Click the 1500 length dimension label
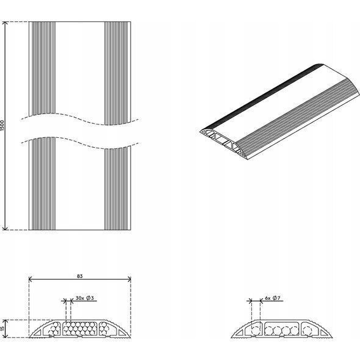(x=2, y=125)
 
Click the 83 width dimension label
(x=80, y=276)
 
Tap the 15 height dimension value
(x=2, y=329)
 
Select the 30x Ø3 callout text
(x=85, y=298)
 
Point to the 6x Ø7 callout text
(x=273, y=298)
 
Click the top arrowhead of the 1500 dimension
(x=5, y=23)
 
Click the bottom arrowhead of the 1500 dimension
(x=5, y=228)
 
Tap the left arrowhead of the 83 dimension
(x=31, y=279)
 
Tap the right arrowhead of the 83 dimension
(x=129, y=279)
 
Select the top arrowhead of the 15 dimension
(x=5, y=322)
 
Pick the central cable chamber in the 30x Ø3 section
(x=80, y=328)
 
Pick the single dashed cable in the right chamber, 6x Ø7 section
(x=307, y=331)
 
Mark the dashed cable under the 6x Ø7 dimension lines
(x=256, y=331)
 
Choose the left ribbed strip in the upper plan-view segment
(x=43, y=68)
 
